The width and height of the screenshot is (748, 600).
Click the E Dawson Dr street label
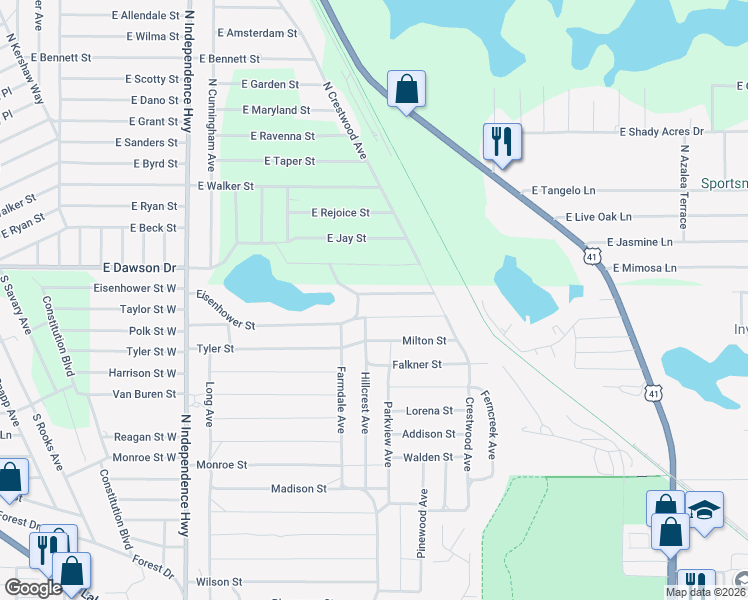139,268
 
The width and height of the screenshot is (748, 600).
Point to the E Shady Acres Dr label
662,131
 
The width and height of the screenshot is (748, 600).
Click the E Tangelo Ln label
563,190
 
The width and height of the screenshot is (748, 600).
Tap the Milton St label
424,341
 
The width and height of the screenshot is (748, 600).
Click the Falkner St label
416,365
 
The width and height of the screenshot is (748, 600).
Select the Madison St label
299,489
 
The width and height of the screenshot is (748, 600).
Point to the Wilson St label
219,581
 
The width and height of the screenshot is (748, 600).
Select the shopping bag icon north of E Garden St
406,89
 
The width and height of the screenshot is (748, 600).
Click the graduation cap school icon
704,511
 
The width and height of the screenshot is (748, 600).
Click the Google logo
32,588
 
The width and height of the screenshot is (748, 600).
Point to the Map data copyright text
706,592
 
